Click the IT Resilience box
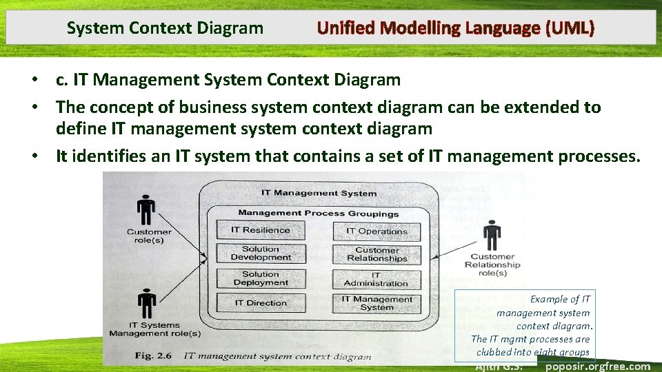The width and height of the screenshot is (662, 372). tap(260, 230)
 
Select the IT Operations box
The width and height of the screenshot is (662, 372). tap(377, 231)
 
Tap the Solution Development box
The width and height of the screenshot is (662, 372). tap(260, 254)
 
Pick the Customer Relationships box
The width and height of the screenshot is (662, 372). tap(377, 255)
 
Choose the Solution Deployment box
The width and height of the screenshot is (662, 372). tap(260, 278)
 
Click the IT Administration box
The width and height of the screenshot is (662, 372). tap(377, 279)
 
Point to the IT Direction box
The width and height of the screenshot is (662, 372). tap(260, 302)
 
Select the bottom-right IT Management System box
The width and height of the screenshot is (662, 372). tap(377, 303)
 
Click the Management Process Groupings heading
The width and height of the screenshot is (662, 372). tap(318, 214)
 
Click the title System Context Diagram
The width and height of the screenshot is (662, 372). tap(165, 28)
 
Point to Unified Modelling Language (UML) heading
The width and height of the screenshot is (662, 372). tap(455, 28)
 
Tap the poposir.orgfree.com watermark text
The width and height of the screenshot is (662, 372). tap(597, 366)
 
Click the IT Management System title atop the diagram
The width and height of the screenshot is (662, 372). tap(319, 194)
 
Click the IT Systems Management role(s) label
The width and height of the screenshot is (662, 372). tap(154, 329)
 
